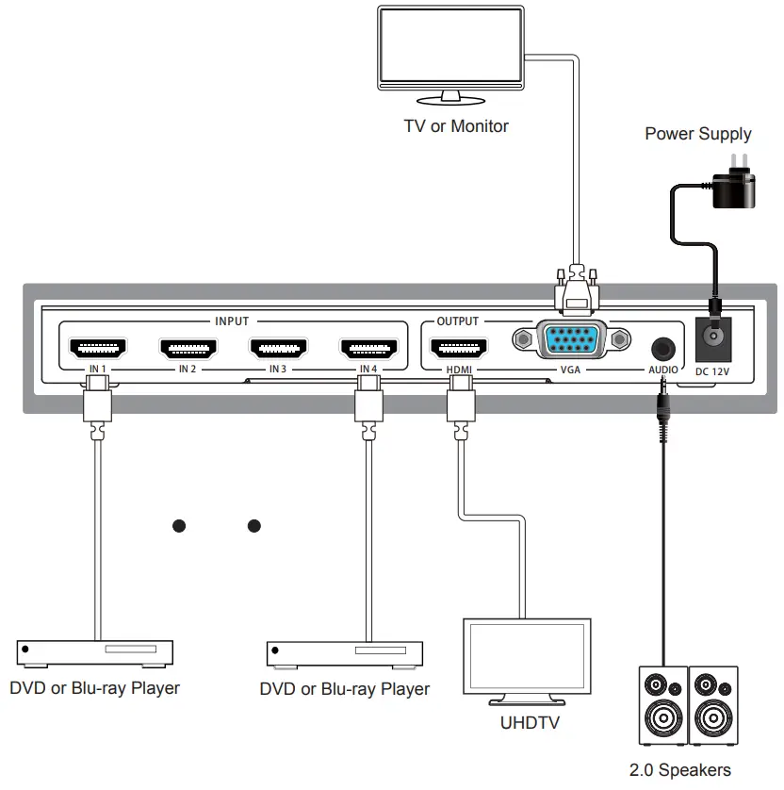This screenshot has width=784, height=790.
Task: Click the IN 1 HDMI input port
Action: click(98, 349)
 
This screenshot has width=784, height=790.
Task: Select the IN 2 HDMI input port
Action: click(188, 349)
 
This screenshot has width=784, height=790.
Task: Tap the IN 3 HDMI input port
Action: click(278, 349)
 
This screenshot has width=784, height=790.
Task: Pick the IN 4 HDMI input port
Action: click(368, 349)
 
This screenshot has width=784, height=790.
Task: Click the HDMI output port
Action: click(458, 349)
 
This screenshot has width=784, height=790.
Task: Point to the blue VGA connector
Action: click(570, 339)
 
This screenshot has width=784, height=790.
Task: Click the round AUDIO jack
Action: click(662, 347)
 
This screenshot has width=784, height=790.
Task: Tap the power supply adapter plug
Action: click(733, 188)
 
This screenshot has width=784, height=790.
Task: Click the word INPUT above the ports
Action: click(232, 321)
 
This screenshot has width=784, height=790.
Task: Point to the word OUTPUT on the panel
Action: click(458, 321)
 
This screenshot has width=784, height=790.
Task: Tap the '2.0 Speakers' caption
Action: click(679, 770)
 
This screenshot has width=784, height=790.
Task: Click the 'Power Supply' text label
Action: click(698, 134)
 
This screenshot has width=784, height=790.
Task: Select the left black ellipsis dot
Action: click(178, 525)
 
